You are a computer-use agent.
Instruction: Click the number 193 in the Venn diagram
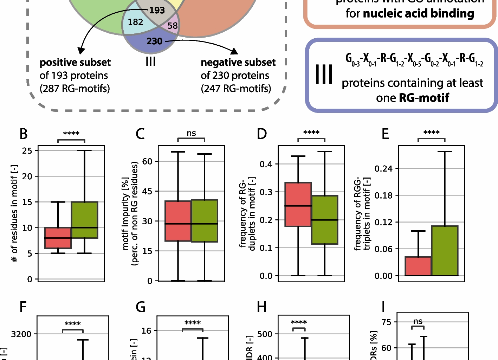click(157, 10)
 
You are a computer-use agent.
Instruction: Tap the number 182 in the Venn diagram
click(135, 22)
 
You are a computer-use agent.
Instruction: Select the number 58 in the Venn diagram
click(173, 26)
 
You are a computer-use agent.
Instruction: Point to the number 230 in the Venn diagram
click(154, 41)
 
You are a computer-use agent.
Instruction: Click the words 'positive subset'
click(75, 62)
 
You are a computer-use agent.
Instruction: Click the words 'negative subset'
click(238, 62)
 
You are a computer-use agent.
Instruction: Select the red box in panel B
click(58, 238)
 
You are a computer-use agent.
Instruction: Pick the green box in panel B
click(84, 220)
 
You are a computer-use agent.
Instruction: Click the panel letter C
click(140, 134)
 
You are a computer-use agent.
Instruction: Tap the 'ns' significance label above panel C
click(191, 133)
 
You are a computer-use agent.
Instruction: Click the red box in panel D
click(298, 204)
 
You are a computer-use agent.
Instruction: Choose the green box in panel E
click(445, 251)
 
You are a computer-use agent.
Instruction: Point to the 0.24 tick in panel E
click(383, 168)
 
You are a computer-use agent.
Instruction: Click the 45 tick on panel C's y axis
click(147, 191)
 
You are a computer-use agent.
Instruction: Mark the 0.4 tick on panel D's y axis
click(266, 164)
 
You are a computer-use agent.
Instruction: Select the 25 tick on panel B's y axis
click(27, 150)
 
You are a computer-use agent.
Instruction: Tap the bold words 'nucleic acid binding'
click(418, 13)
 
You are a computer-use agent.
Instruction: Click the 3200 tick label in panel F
click(21, 334)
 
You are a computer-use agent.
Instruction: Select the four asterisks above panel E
click(431, 133)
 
